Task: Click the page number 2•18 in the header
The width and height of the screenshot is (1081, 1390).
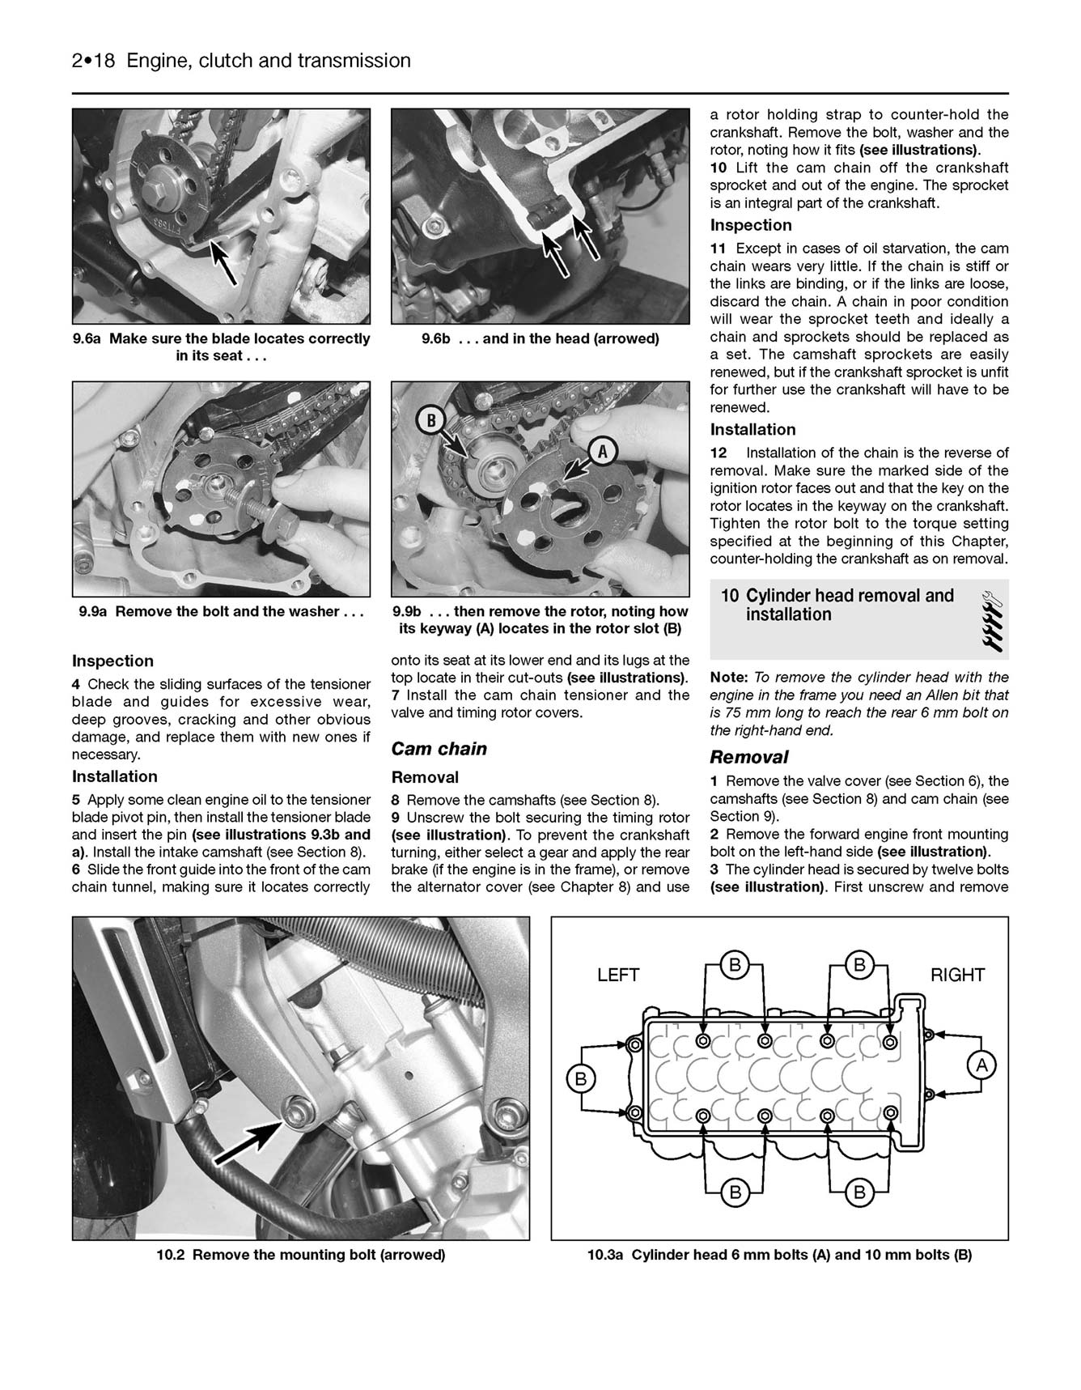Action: [94, 61]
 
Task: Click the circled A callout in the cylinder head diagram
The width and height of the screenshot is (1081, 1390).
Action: [981, 1066]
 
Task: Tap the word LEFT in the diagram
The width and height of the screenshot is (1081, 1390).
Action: [618, 976]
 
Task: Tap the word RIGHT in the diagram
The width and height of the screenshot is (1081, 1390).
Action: [958, 976]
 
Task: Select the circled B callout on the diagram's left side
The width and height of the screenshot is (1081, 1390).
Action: [580, 1078]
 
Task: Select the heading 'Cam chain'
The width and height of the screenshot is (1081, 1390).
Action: [439, 749]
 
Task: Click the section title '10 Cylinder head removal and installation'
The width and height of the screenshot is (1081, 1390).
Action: [837, 605]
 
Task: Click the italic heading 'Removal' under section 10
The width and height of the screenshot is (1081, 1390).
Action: [748, 758]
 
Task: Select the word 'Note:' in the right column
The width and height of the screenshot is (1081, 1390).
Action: [728, 678]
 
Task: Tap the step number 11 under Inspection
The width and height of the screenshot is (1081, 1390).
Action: [719, 249]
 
